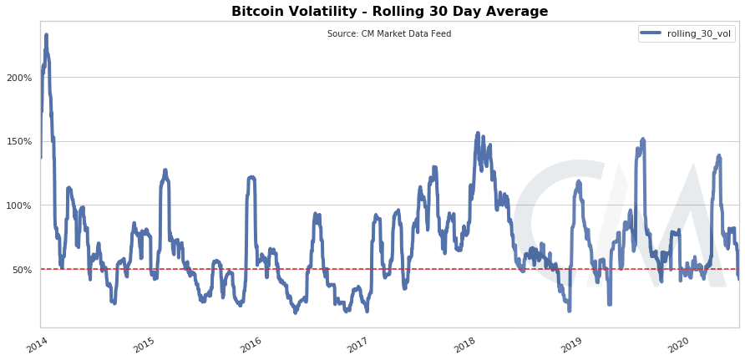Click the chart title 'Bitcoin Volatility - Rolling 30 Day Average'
[x=389, y=12]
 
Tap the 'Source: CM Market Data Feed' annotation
[x=389, y=33]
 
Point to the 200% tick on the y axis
[x=21, y=78]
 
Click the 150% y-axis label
[x=21, y=141]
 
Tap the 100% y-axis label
[x=21, y=205]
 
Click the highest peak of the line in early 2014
[x=46, y=35]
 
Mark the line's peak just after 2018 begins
[x=478, y=133]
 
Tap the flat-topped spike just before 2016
[x=251, y=177]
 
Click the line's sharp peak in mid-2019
[x=642, y=139]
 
